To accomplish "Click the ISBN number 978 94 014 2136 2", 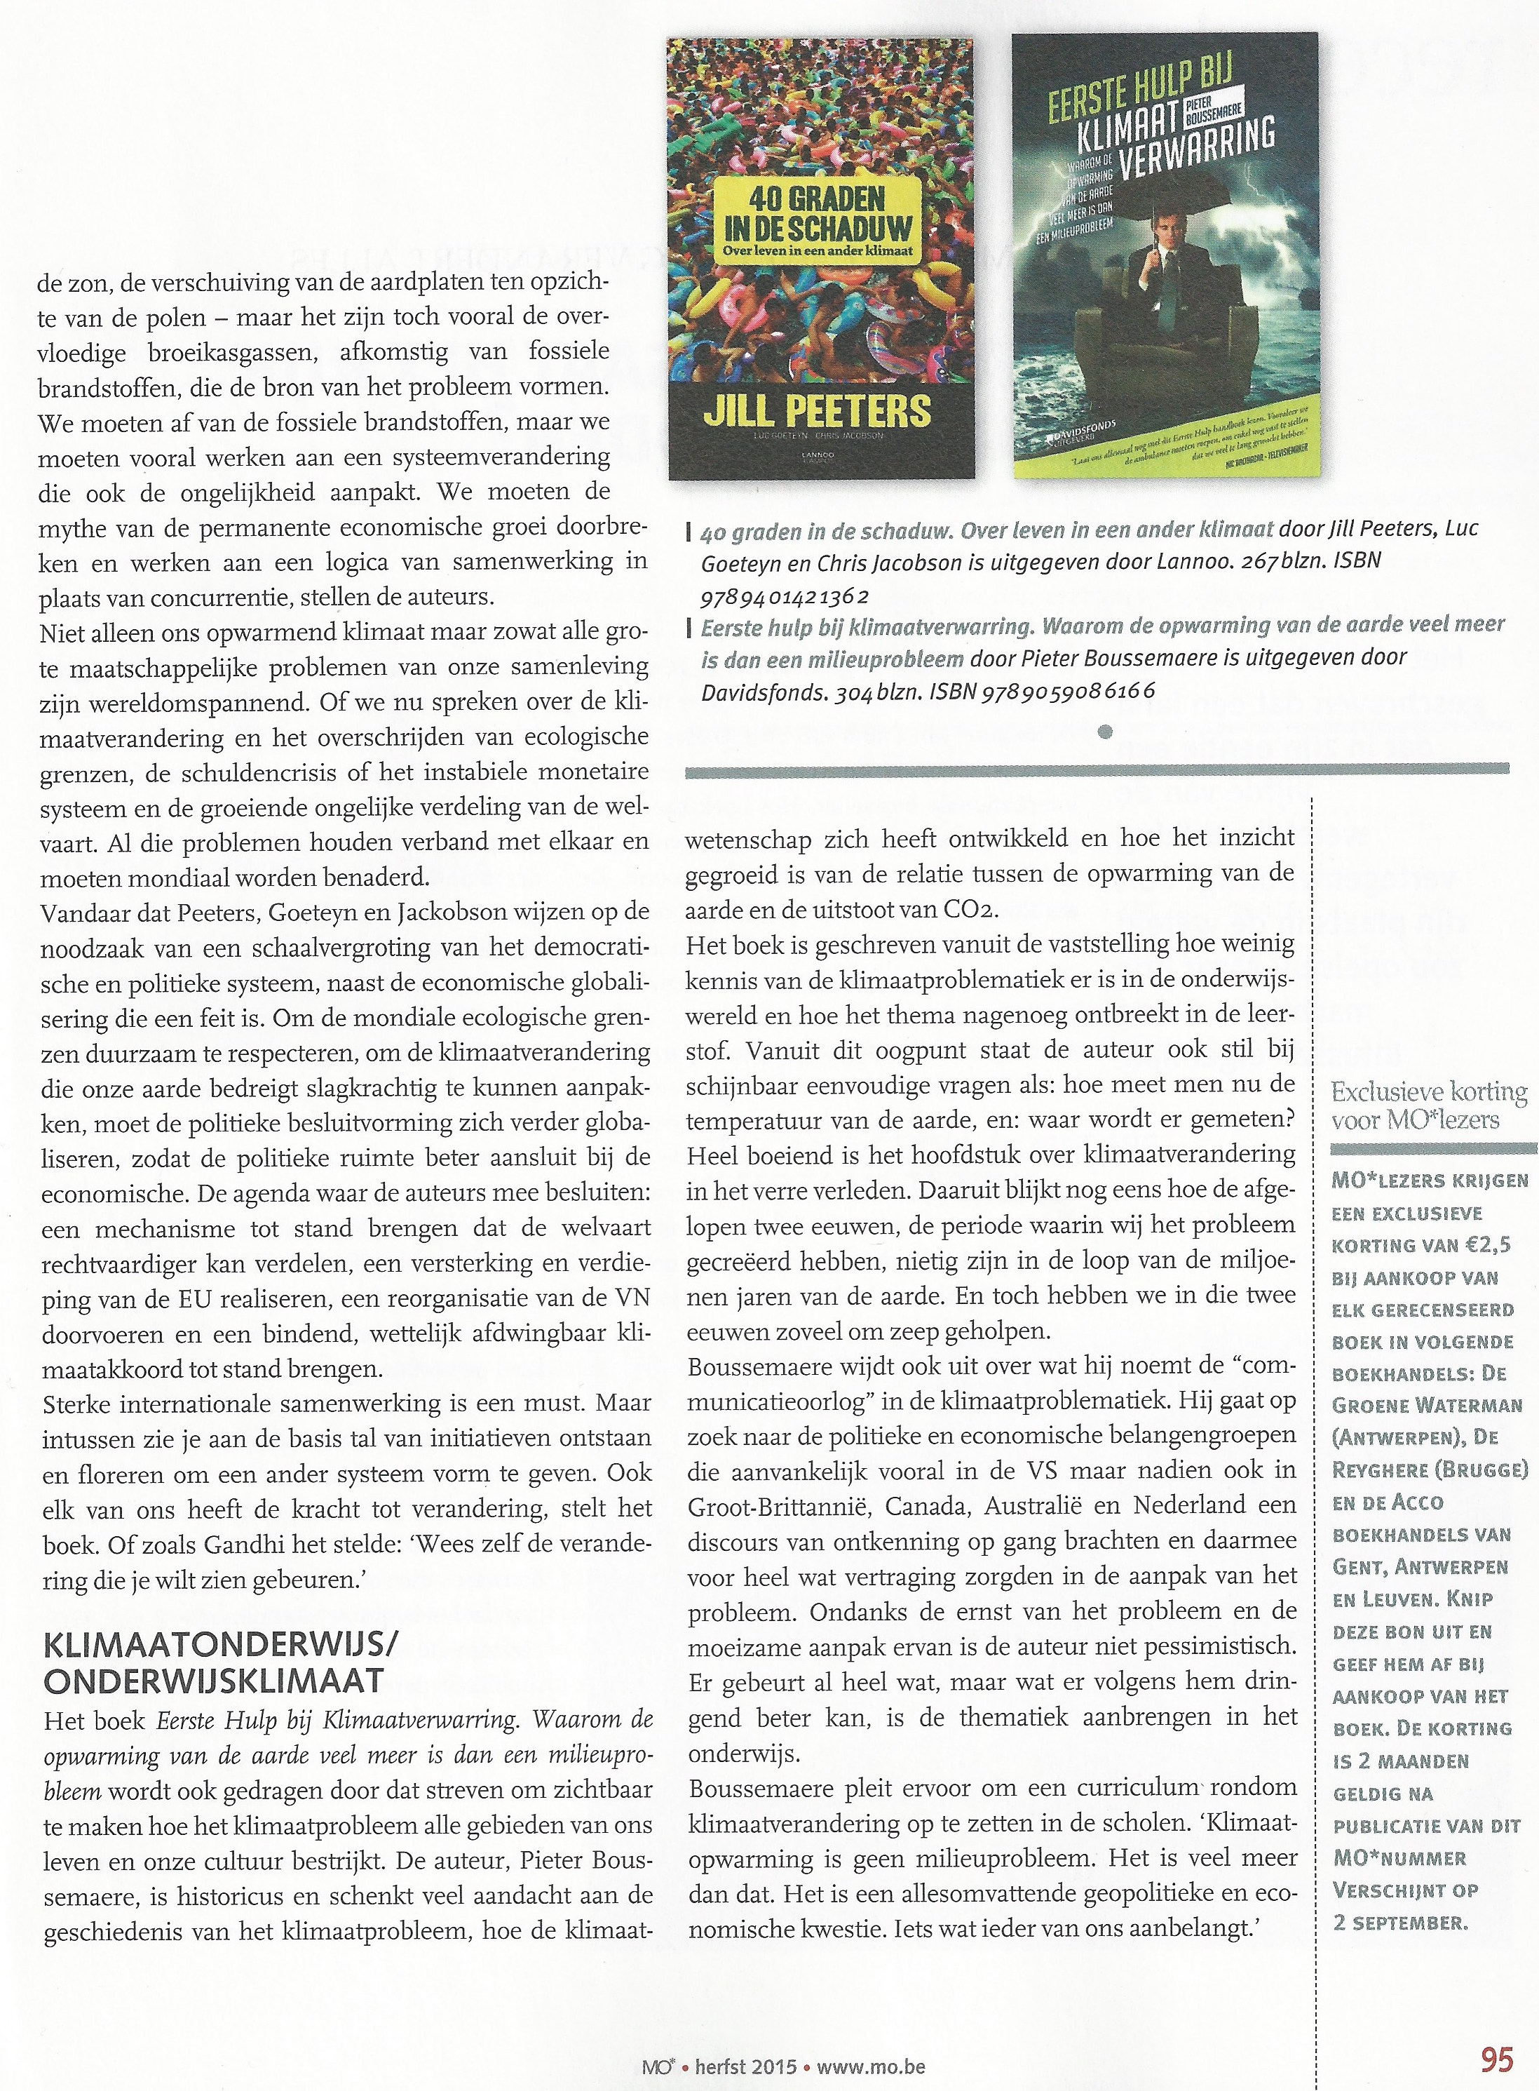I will [x=785, y=596].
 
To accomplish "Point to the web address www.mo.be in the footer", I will [x=871, y=2040].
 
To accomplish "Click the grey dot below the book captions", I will [x=1105, y=732].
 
